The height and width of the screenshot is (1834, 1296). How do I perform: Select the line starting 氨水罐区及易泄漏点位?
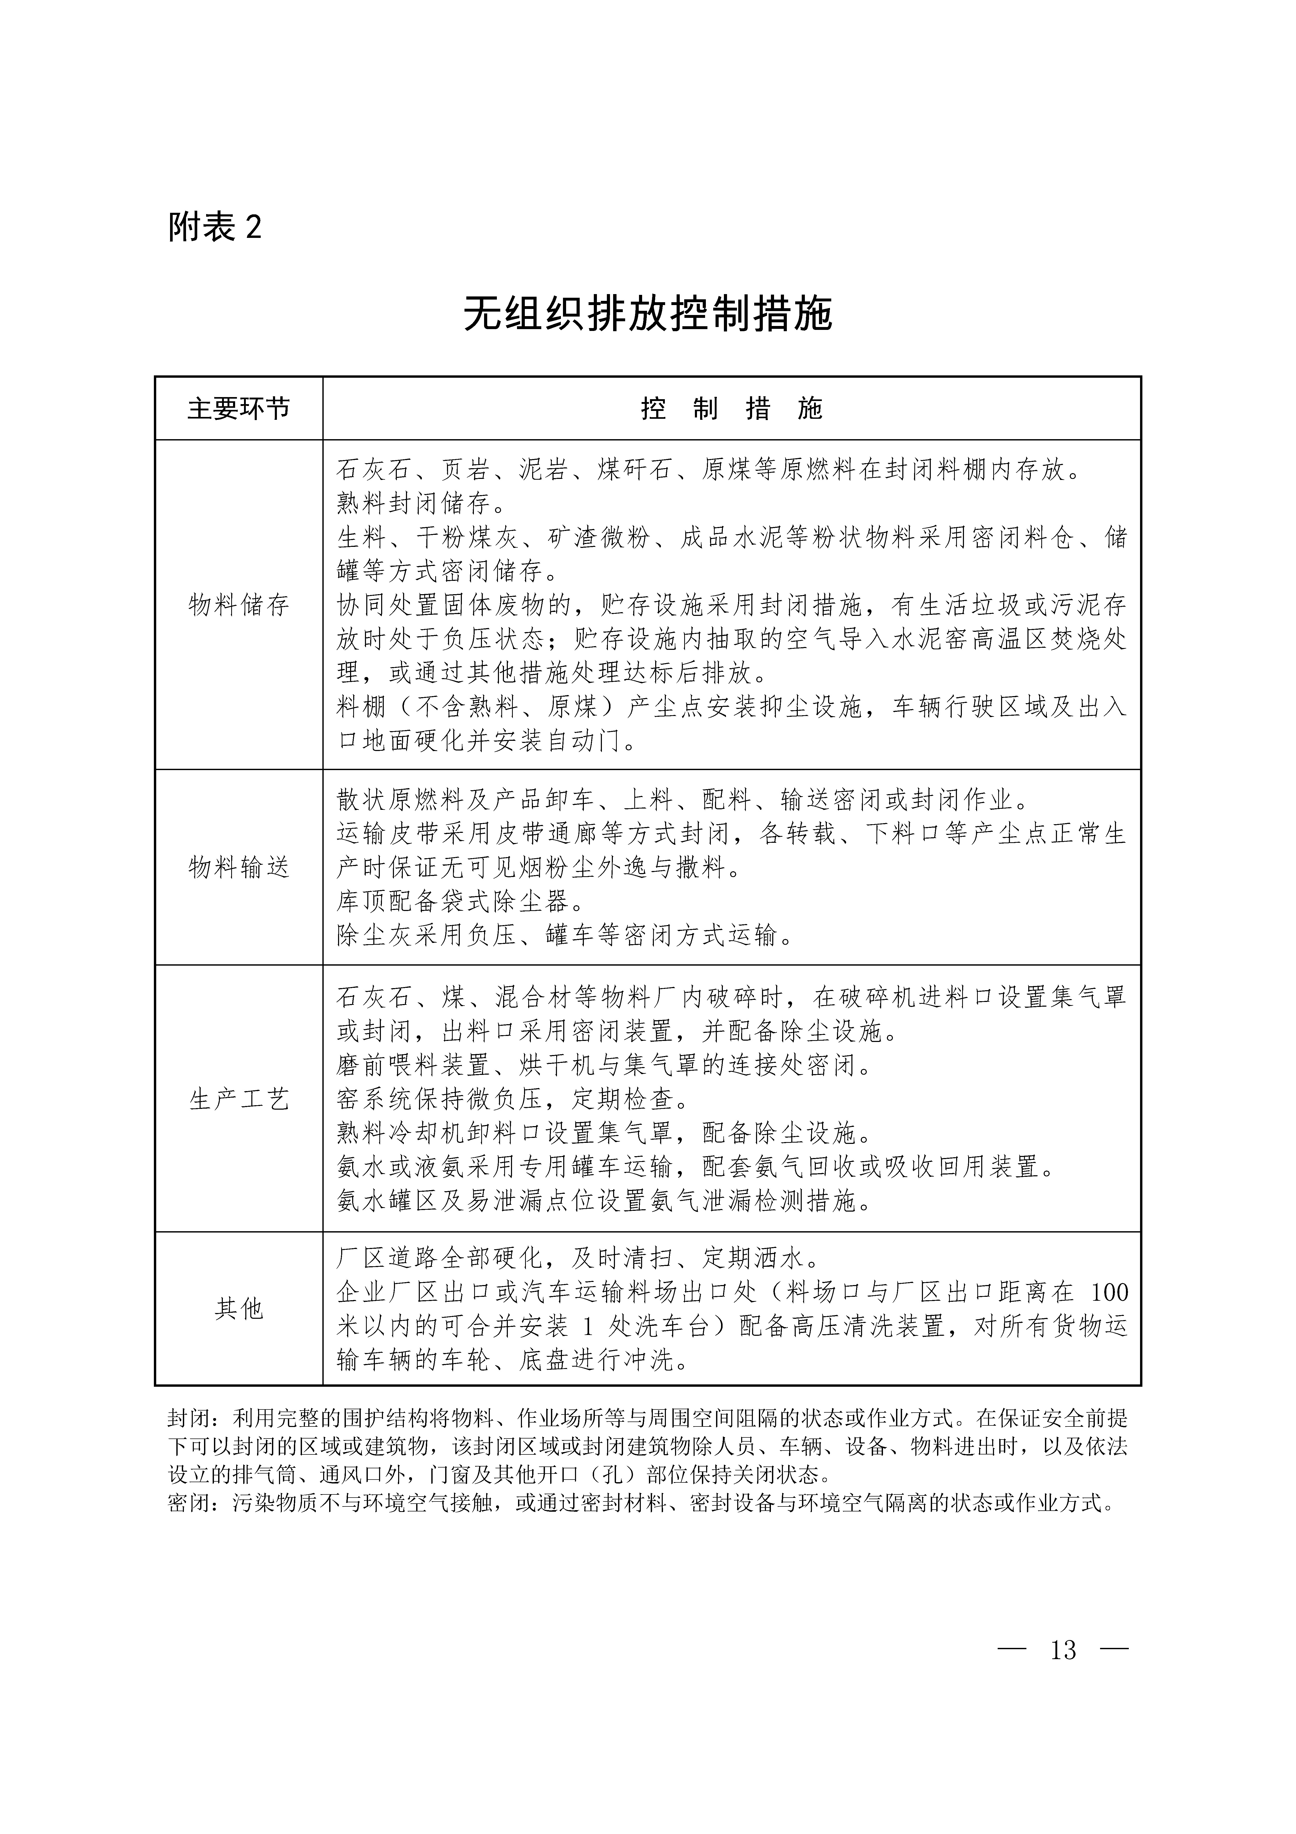605,1201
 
